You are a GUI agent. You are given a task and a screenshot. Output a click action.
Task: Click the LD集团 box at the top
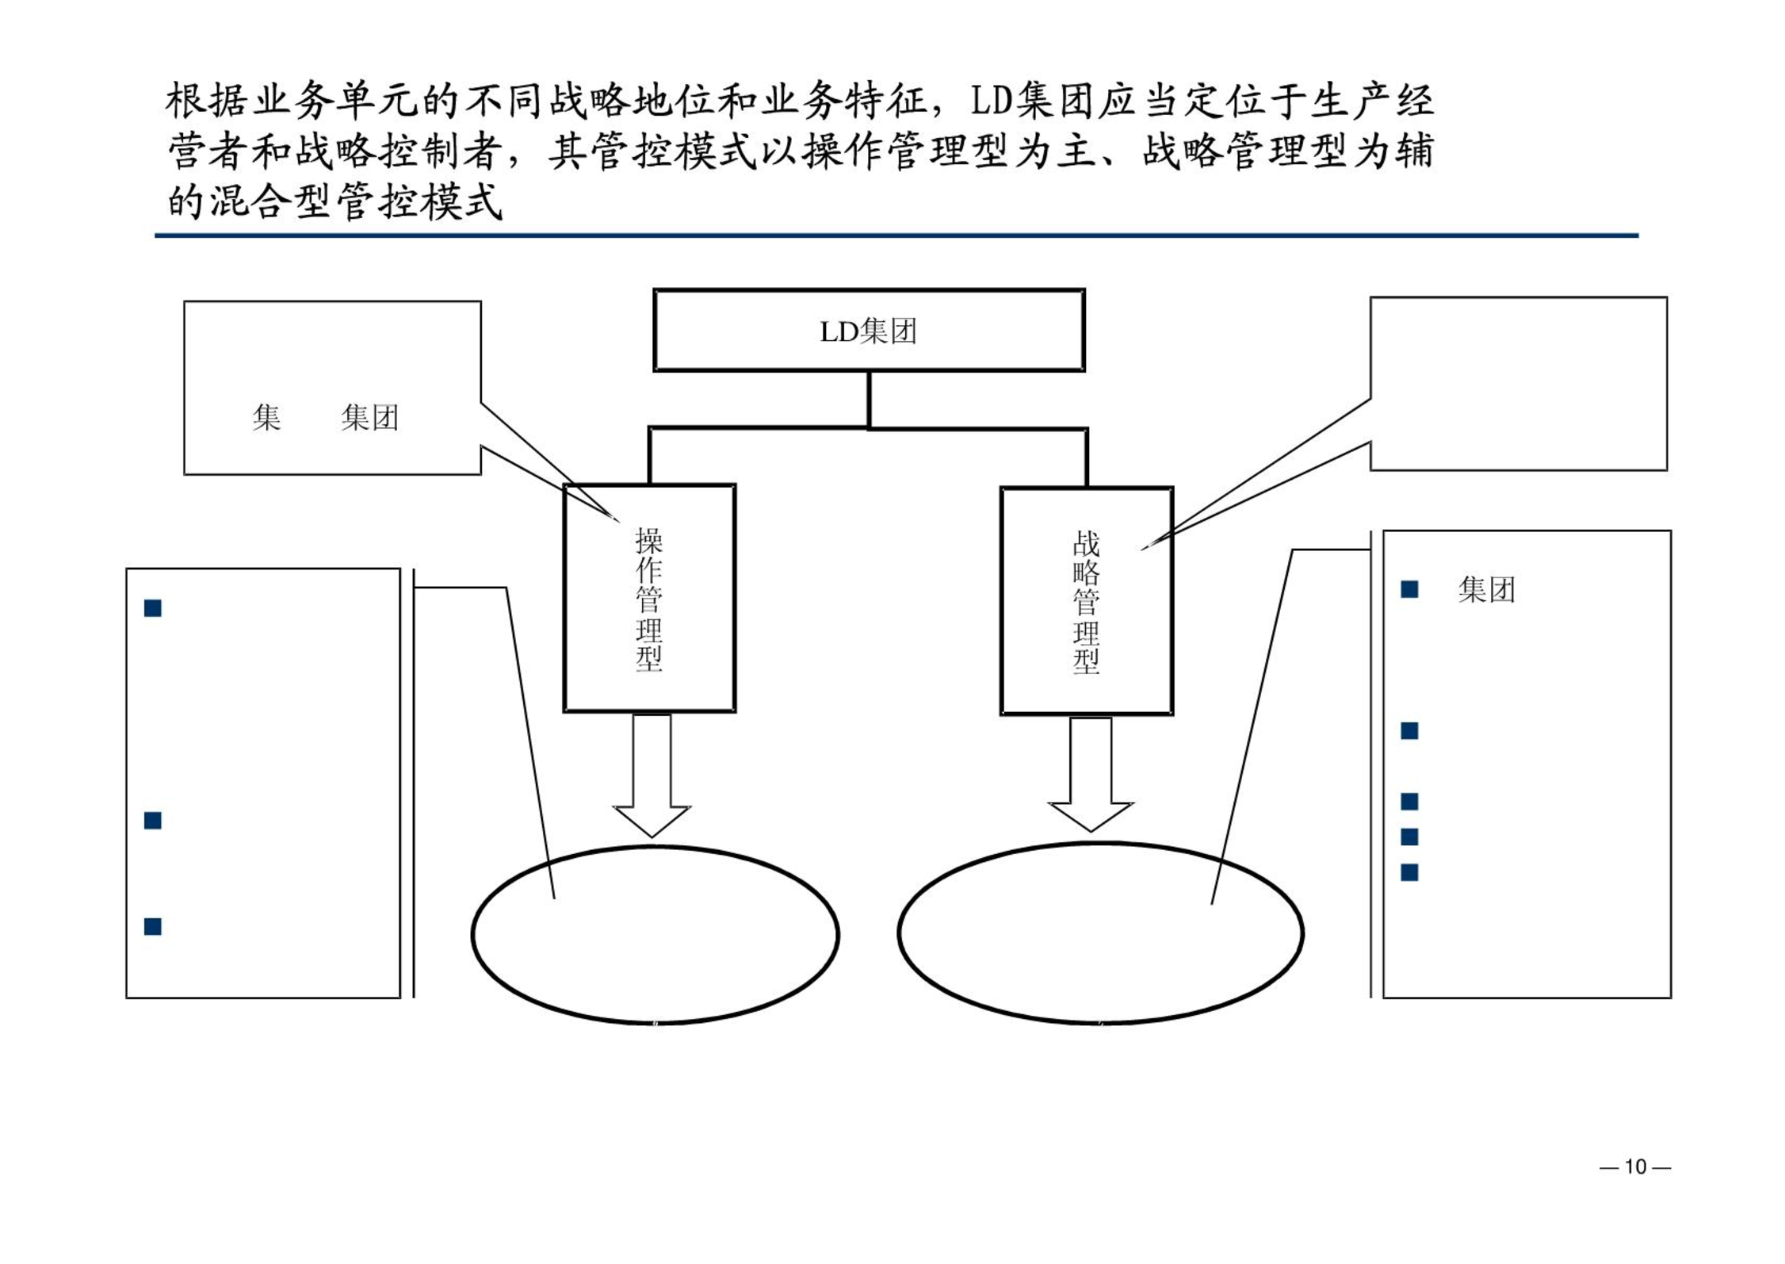(869, 330)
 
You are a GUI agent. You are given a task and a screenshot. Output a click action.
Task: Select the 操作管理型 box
(649, 598)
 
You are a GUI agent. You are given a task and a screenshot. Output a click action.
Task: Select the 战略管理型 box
(1086, 601)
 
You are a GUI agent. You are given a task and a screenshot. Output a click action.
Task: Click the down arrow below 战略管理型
(1091, 774)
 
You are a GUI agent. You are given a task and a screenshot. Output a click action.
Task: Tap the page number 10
(1634, 1166)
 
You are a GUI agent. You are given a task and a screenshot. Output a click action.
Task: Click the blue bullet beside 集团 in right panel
(1409, 589)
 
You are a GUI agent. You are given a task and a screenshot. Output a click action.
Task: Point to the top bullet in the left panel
(153, 608)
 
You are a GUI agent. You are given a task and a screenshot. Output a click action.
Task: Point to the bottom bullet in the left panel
(153, 926)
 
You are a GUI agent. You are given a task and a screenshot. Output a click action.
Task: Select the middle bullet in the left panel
(153, 820)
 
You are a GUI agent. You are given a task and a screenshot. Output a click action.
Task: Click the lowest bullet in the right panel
(1409, 872)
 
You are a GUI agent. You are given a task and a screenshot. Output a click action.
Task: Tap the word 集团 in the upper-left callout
(369, 417)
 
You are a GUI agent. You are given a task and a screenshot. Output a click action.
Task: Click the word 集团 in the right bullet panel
(1486, 590)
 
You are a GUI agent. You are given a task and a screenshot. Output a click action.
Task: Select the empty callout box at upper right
(1518, 384)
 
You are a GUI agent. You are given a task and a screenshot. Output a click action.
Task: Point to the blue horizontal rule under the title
(896, 236)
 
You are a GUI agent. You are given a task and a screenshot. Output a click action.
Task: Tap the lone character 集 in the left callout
(266, 417)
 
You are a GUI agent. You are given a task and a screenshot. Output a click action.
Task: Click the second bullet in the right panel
(1409, 730)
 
